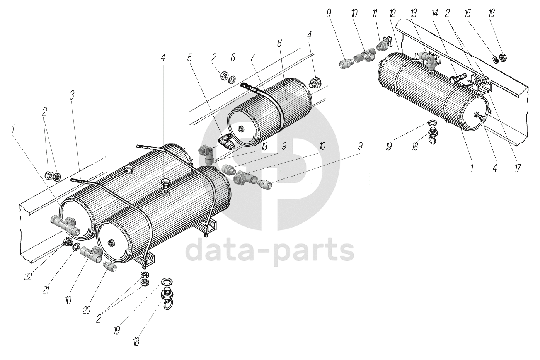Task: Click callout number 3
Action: point(72,96)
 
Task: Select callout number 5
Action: point(189,58)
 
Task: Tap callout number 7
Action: point(252,58)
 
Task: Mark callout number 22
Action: point(27,277)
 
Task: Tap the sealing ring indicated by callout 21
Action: point(76,247)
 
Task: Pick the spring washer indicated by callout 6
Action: point(233,80)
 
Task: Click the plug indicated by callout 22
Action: point(68,242)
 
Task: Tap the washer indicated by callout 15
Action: point(495,59)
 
